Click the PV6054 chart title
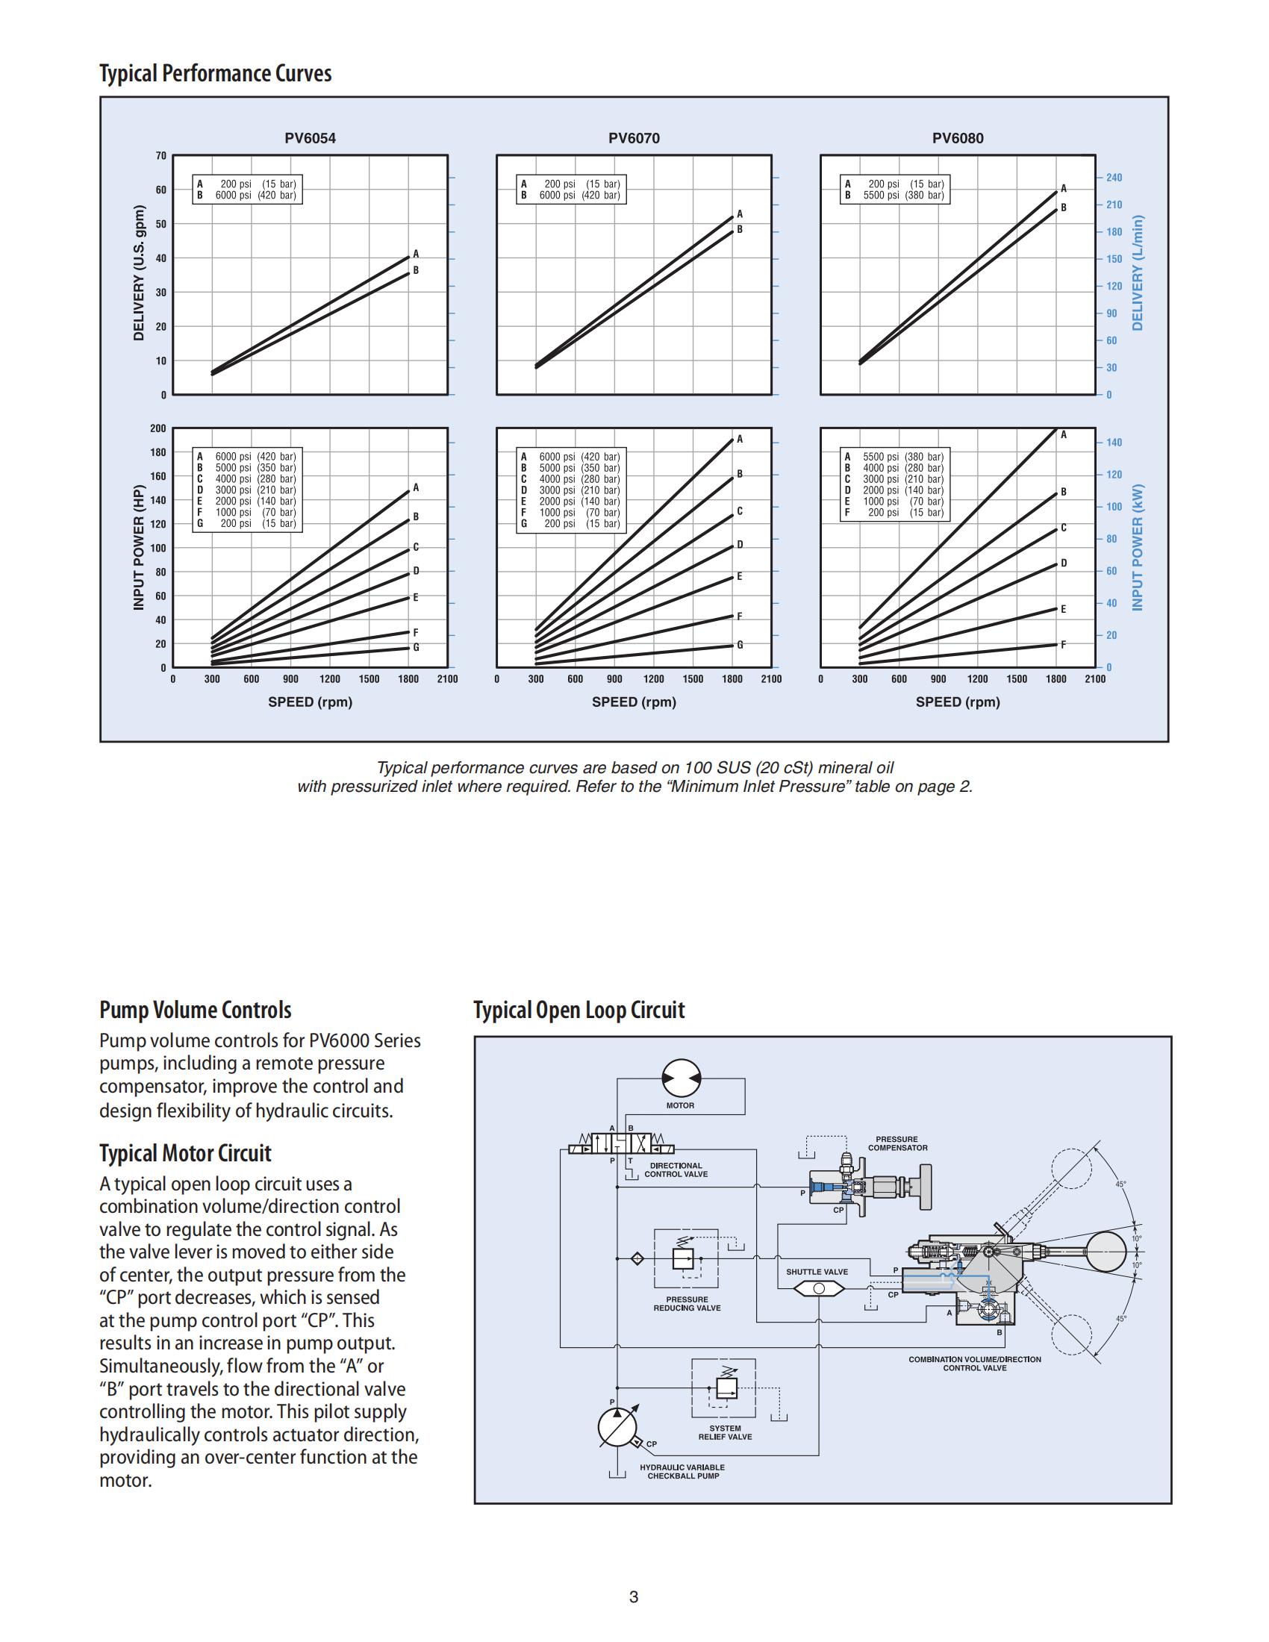coord(310,138)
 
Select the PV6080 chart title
coord(957,138)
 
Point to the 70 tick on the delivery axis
coord(161,156)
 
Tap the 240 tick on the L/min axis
coord(1114,178)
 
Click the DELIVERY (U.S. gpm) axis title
coord(138,273)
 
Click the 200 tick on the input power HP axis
coord(158,428)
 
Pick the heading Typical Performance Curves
coord(215,74)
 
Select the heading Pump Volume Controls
coord(195,1010)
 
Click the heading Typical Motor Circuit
coord(185,1153)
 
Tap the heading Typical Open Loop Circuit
coord(579,1010)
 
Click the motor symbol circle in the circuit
coord(681,1080)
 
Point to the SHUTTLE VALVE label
coord(817,1272)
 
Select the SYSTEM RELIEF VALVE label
coord(725,1432)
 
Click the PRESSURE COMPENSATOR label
coord(897,1143)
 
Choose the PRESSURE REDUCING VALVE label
coord(687,1304)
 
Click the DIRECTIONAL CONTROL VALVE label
coord(676,1170)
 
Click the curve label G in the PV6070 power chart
coord(740,645)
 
